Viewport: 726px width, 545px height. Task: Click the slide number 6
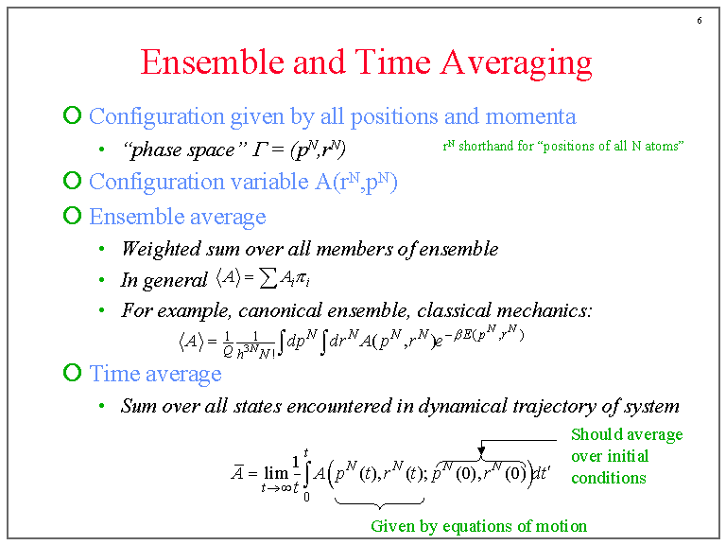(x=699, y=21)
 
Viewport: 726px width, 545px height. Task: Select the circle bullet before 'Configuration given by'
(x=72, y=115)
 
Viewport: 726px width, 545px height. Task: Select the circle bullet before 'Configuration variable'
(x=72, y=180)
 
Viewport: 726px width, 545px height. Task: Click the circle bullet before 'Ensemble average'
(x=72, y=215)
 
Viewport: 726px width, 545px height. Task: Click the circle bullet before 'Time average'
(x=72, y=372)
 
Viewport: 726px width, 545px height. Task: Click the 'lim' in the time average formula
(x=275, y=473)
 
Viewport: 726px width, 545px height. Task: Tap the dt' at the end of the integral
(x=541, y=474)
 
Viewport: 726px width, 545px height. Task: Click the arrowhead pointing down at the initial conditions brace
(x=481, y=449)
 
